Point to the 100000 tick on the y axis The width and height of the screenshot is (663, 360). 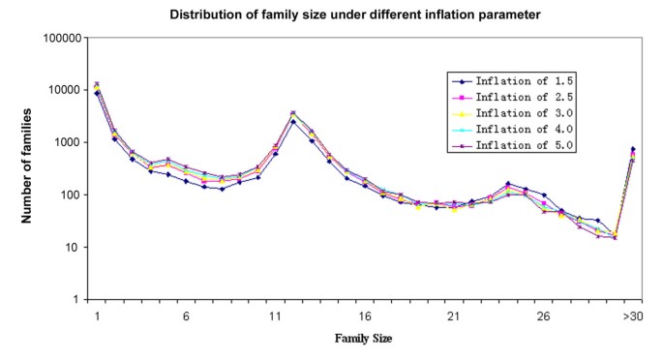pyautogui.click(x=62, y=38)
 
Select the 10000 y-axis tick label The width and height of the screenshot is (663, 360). pyautogui.click(x=65, y=90)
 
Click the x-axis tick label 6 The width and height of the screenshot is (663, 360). pyautogui.click(x=186, y=316)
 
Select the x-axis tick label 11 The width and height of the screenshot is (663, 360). pyautogui.click(x=275, y=316)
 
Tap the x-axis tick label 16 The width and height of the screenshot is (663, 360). pyautogui.click(x=364, y=316)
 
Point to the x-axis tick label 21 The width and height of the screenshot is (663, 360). pyautogui.click(x=453, y=316)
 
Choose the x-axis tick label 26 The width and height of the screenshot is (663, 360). pyautogui.click(x=543, y=316)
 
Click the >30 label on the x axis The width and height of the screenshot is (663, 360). pyautogui.click(x=632, y=316)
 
